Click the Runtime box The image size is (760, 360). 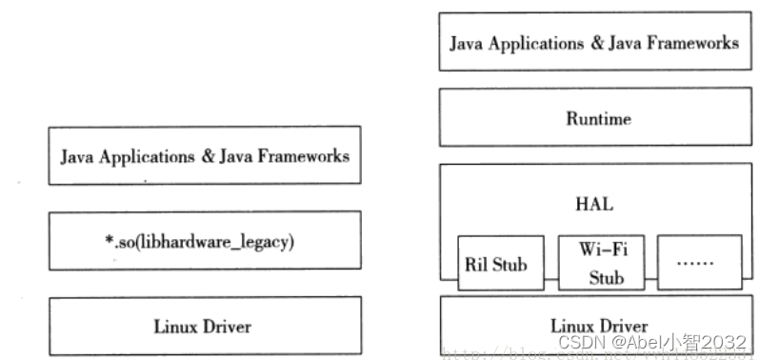pyautogui.click(x=598, y=118)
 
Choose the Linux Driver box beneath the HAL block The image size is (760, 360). pyautogui.click(x=598, y=326)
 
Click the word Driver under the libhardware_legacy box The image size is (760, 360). pyautogui.click(x=228, y=327)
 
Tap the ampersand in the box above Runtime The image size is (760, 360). pyautogui.click(x=589, y=43)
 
